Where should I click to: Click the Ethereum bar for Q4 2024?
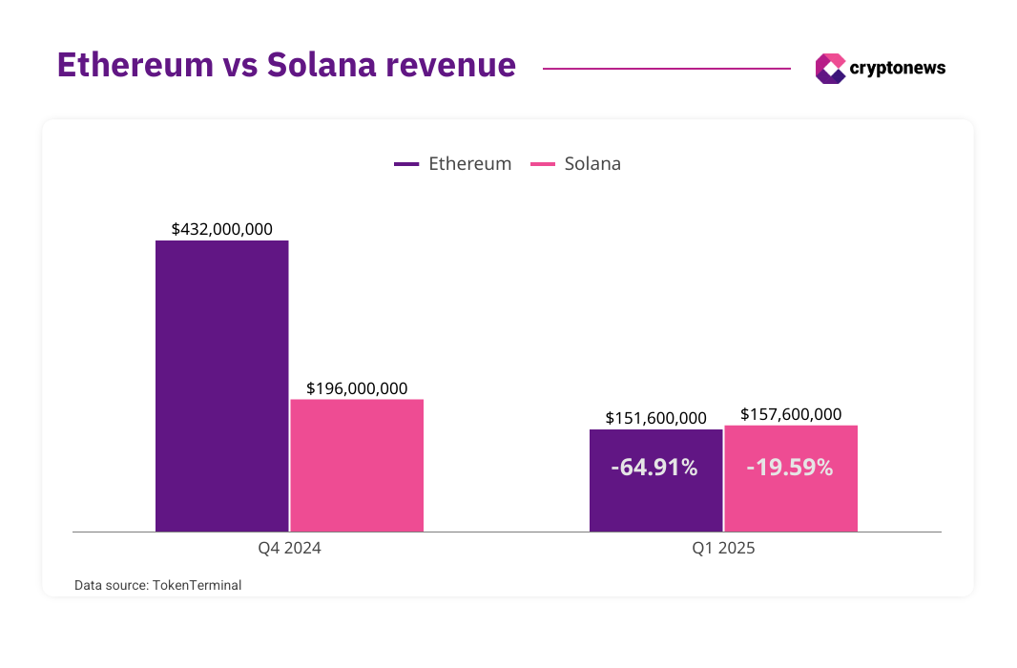pyautogui.click(x=221, y=386)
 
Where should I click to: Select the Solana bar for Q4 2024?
pyautogui.click(x=357, y=465)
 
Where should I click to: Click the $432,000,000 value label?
pyautogui.click(x=222, y=229)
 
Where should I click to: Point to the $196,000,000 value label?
pyautogui.click(x=357, y=388)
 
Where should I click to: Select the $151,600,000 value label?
pyautogui.click(x=656, y=418)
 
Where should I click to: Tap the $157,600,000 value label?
pyautogui.click(x=791, y=414)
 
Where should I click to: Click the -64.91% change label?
pyautogui.click(x=654, y=468)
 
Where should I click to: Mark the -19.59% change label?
pyautogui.click(x=790, y=468)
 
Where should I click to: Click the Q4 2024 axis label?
pyautogui.click(x=289, y=549)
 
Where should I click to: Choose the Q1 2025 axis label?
pyautogui.click(x=723, y=549)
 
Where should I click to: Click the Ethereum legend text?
pyautogui.click(x=469, y=163)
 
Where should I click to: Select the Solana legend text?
pyautogui.click(x=592, y=163)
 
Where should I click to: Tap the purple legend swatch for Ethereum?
pyautogui.click(x=406, y=164)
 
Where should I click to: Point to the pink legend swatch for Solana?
pyautogui.click(x=543, y=164)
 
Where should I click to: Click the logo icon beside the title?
pyautogui.click(x=830, y=68)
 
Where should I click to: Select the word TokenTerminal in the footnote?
pyautogui.click(x=197, y=585)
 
